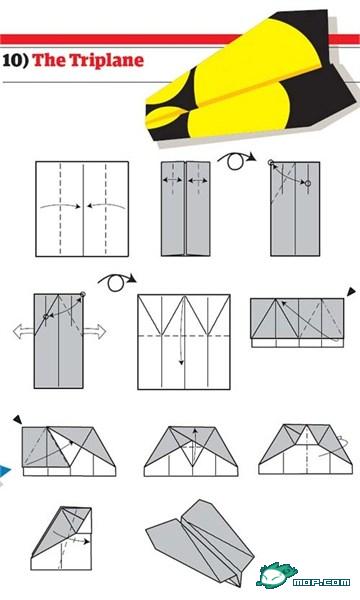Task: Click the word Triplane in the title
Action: (x=103, y=60)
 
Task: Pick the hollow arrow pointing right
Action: (x=96, y=330)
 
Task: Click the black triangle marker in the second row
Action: (x=350, y=292)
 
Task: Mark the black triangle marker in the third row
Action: (x=17, y=419)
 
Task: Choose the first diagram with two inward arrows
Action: (x=83, y=208)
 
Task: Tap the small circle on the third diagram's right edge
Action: (x=309, y=184)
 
